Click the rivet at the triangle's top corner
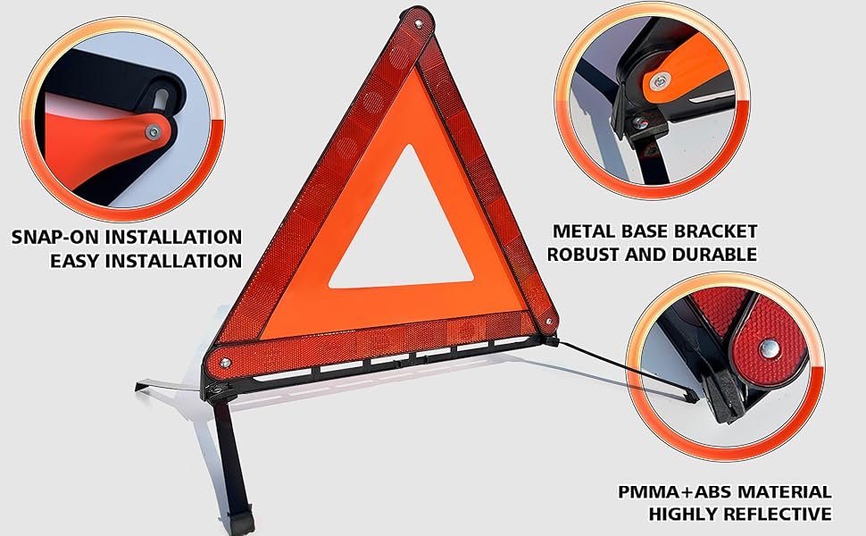click(x=418, y=23)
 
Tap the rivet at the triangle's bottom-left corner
click(x=225, y=363)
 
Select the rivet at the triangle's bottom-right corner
click(x=548, y=321)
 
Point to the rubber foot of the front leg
click(x=243, y=523)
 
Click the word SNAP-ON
click(x=55, y=237)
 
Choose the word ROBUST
click(x=583, y=255)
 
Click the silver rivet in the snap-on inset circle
click(x=153, y=131)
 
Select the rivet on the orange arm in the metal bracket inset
click(x=660, y=82)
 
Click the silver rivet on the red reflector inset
click(x=769, y=348)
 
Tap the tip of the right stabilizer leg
click(x=695, y=399)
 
